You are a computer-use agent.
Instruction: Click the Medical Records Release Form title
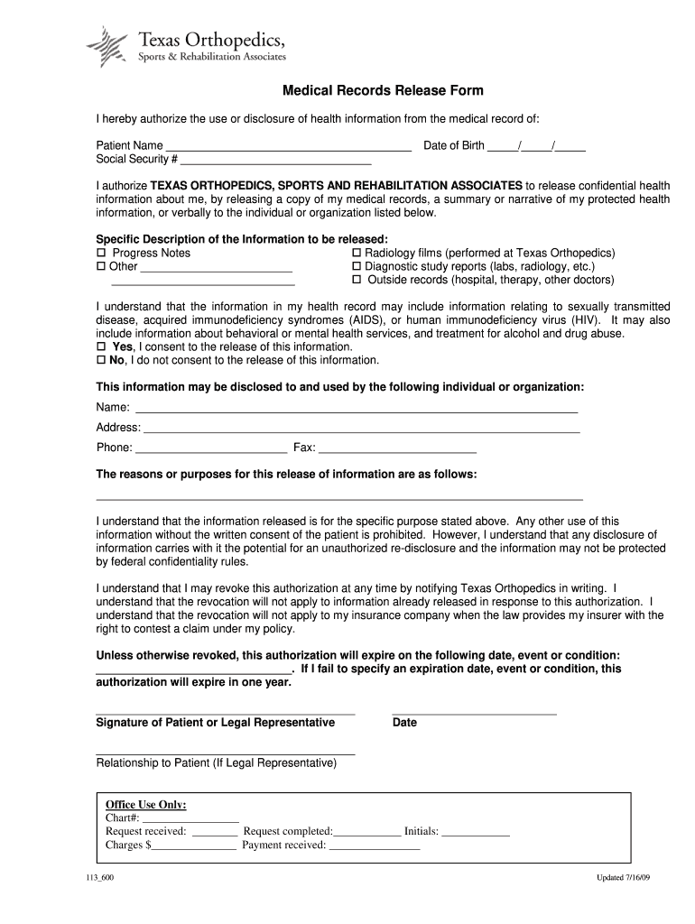384,91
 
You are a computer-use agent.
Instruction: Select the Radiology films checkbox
357,254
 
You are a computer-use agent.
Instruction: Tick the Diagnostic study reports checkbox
357,267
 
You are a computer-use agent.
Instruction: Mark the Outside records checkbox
357,281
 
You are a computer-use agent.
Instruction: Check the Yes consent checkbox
102,346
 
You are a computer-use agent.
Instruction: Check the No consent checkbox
102,360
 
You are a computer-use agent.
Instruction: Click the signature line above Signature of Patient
225,713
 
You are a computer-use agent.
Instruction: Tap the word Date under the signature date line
404,723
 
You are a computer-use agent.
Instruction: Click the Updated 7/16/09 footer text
623,879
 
